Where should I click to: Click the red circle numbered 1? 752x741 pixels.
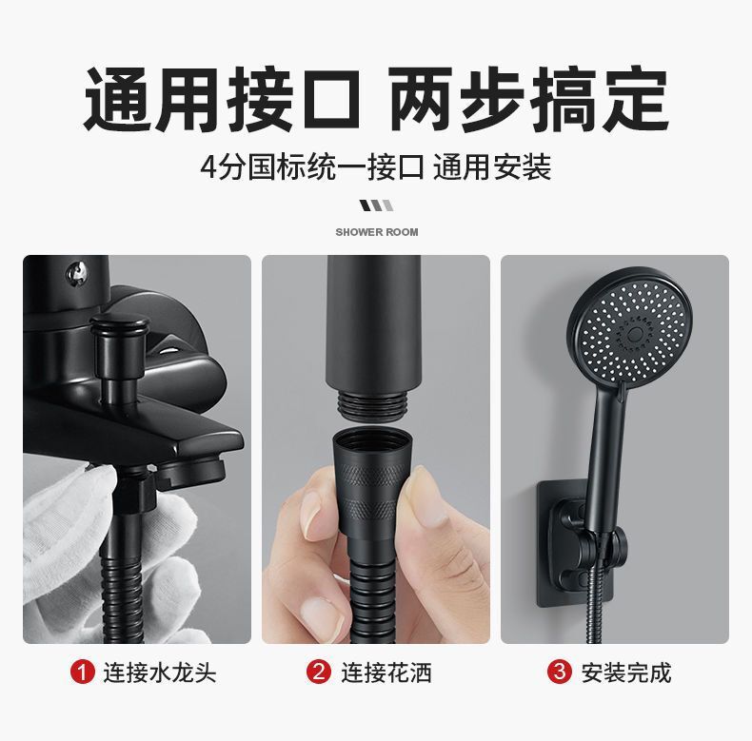click(82, 672)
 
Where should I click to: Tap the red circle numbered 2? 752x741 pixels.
click(319, 672)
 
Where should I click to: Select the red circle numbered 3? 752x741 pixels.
click(559, 672)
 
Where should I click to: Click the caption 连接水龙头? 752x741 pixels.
click(160, 672)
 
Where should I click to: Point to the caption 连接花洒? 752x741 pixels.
click(386, 672)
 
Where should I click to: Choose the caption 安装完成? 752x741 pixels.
click(625, 672)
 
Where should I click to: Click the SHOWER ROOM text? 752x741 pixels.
click(377, 232)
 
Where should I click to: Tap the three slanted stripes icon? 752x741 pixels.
click(377, 205)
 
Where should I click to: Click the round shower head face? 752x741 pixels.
click(630, 327)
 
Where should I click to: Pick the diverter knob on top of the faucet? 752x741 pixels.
click(117, 345)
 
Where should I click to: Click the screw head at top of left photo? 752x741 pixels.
click(78, 272)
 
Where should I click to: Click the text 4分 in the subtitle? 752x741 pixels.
click(223, 167)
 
